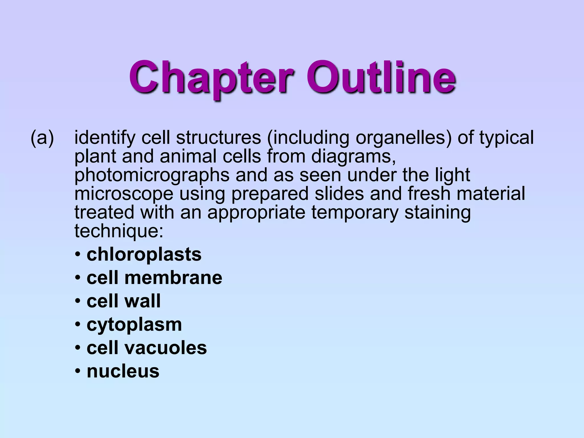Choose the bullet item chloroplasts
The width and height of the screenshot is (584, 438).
tap(144, 254)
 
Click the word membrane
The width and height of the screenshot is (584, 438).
tap(173, 278)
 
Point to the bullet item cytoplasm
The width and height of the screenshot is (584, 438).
tap(134, 325)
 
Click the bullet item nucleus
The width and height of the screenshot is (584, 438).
tap(123, 371)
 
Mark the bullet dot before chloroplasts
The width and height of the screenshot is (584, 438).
tap(78, 255)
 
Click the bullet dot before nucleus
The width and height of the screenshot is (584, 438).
tap(78, 372)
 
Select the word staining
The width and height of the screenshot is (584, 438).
tap(437, 213)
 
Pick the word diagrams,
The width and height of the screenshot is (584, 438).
tap(353, 157)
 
